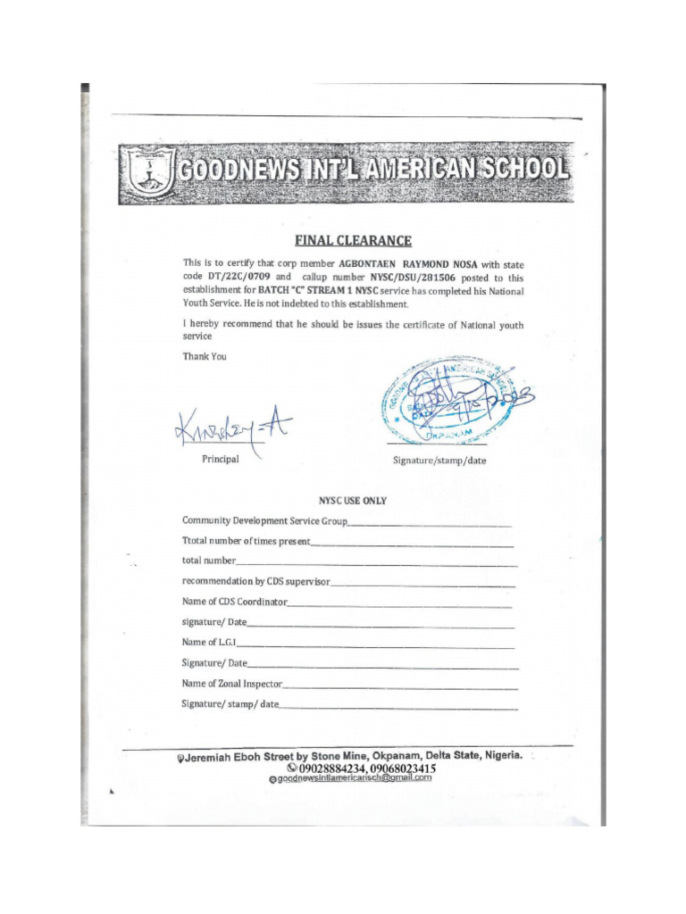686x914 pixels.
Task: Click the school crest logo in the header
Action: (147, 172)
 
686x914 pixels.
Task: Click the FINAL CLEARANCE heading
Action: (354, 240)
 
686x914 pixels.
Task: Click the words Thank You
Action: (205, 356)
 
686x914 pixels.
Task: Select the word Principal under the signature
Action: (221, 459)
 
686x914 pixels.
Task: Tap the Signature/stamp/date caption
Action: (439, 461)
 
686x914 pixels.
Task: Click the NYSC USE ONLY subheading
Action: (353, 501)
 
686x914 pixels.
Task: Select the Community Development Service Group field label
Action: (265, 520)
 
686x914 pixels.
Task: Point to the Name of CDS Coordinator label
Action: (235, 602)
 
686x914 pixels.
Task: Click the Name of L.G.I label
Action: (208, 642)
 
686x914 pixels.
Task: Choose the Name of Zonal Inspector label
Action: (232, 684)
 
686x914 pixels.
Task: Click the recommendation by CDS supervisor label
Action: (256, 581)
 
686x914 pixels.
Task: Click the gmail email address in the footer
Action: (354, 777)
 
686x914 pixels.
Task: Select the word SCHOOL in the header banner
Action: (520, 170)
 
